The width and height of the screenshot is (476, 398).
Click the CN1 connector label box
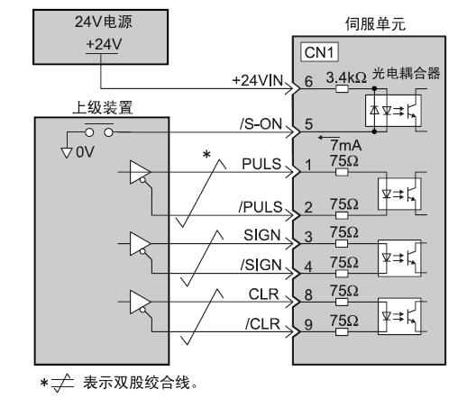tap(319, 52)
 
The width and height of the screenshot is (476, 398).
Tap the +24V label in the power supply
tap(104, 44)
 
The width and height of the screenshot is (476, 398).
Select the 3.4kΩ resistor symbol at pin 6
tap(343, 89)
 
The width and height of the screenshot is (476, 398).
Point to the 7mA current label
tap(346, 145)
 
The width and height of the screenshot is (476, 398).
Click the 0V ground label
tap(85, 152)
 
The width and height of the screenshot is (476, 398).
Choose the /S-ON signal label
tap(261, 123)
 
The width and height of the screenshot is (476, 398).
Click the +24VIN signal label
tap(258, 81)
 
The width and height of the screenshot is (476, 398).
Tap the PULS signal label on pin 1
tap(261, 164)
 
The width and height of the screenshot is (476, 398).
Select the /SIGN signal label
tap(261, 265)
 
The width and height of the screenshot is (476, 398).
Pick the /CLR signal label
tap(262, 324)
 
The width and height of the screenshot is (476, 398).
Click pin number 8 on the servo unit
tap(308, 295)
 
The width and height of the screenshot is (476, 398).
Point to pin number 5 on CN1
tap(308, 124)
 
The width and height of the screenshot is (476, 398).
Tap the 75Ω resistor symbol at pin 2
tap(342, 215)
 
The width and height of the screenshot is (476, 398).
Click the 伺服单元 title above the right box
tap(375, 24)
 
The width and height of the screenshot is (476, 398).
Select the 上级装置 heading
tap(103, 107)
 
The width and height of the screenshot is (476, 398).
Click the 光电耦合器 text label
tap(406, 73)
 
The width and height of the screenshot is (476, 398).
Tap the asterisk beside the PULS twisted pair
tap(206, 155)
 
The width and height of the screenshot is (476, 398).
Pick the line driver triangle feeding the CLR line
tap(140, 302)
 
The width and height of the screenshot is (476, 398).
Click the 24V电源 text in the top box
tap(104, 22)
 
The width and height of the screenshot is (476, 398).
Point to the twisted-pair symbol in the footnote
tap(62, 383)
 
